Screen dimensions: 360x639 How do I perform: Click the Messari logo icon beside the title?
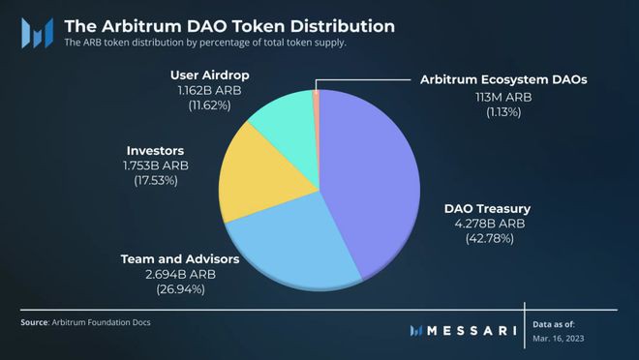(37, 33)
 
